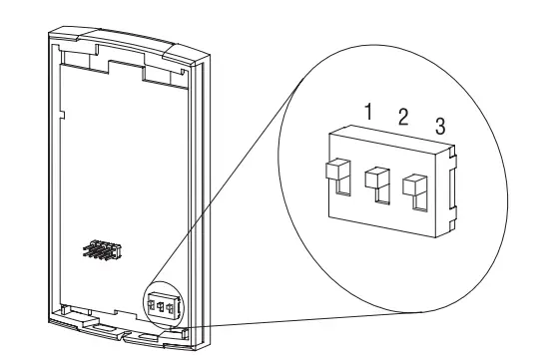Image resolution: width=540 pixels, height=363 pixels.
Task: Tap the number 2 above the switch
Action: tap(402, 118)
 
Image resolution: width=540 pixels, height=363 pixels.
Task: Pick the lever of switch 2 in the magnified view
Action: tap(375, 177)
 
